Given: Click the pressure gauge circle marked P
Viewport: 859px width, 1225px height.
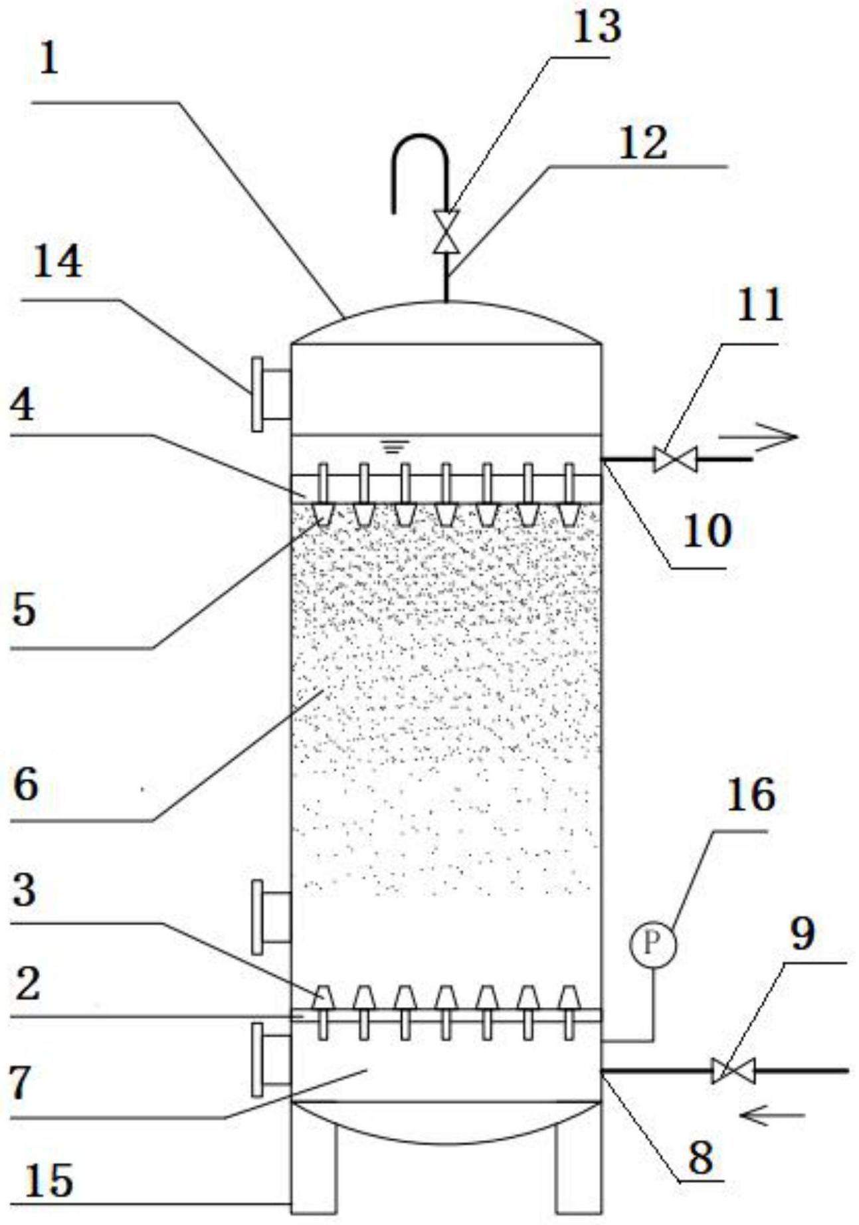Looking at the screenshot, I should [x=652, y=943].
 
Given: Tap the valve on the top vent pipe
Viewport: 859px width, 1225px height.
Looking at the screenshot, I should [x=446, y=231].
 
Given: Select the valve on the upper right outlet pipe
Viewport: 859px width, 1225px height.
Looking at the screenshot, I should [x=675, y=459].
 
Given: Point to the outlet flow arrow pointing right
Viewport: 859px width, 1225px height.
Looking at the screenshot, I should [x=757, y=437].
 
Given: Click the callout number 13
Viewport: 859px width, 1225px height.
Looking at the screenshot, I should [x=597, y=28].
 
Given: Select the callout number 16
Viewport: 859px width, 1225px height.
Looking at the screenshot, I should [x=751, y=795].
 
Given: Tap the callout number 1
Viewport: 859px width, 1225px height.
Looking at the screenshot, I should [x=49, y=60].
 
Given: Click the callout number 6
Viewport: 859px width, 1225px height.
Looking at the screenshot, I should [x=25, y=785].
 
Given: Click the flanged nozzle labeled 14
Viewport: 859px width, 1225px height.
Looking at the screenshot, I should [x=270, y=394].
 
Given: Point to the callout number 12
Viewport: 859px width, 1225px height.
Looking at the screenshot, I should [x=642, y=143].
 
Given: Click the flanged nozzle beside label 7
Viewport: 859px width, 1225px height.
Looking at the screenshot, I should [x=271, y=1060].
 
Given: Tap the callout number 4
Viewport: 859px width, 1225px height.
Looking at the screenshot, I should [x=23, y=405].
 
